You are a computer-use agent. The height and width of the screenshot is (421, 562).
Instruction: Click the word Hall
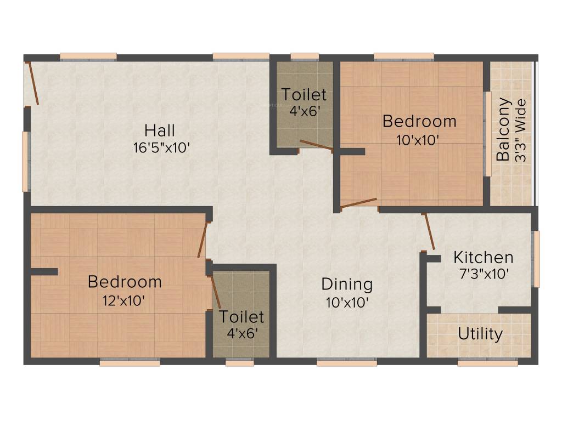point(160,130)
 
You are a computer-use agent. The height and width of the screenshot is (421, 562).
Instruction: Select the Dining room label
point(347,285)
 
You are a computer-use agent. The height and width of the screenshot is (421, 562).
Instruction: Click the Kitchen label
point(483,257)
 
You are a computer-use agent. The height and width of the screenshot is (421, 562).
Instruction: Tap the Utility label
point(480,334)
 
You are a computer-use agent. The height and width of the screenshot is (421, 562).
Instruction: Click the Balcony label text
point(503,129)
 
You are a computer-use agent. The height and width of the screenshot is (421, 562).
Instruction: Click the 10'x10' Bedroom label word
point(419,121)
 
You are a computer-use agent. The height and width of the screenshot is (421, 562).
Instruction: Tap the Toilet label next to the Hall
point(304,95)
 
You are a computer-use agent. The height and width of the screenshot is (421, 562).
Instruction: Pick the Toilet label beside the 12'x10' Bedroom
point(242,317)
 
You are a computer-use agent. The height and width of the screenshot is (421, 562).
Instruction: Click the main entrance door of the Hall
point(32,83)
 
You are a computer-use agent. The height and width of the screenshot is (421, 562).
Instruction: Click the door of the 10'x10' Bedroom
point(358,203)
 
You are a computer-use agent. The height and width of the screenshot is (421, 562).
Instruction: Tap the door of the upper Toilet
point(316,145)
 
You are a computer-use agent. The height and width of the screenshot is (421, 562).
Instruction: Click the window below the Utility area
point(480,363)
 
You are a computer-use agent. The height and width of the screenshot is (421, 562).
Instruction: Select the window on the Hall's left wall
point(25,161)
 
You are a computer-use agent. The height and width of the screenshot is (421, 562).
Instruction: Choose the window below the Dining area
point(347,363)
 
